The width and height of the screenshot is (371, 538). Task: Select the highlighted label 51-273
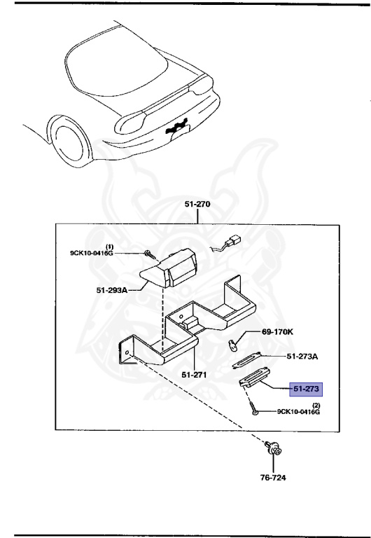pyautogui.click(x=304, y=387)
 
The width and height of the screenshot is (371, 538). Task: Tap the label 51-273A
pyautogui.click(x=302, y=357)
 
